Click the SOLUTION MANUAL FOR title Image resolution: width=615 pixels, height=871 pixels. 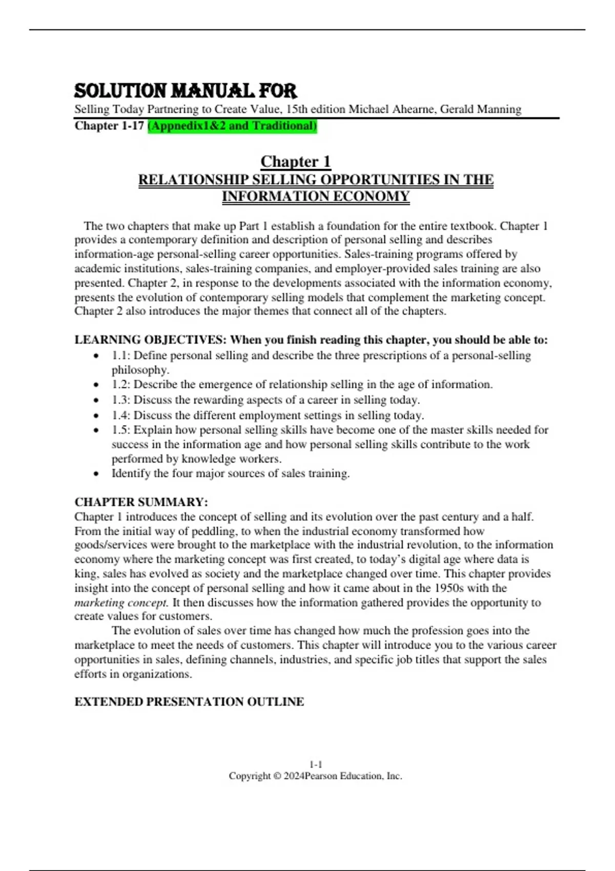tap(186, 91)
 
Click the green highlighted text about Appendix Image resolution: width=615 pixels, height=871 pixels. tap(232, 126)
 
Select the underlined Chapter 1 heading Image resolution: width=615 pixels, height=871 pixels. tap(295, 161)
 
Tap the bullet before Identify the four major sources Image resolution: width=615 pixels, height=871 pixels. tap(96, 474)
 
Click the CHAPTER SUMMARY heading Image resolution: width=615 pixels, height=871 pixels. tap(141, 502)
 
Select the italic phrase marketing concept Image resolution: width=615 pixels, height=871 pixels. tap(121, 603)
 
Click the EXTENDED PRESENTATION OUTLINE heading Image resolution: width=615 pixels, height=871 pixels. tap(189, 701)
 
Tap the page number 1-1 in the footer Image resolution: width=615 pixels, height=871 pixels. tap(316, 764)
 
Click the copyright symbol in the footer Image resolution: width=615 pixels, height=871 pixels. tap(277, 776)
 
